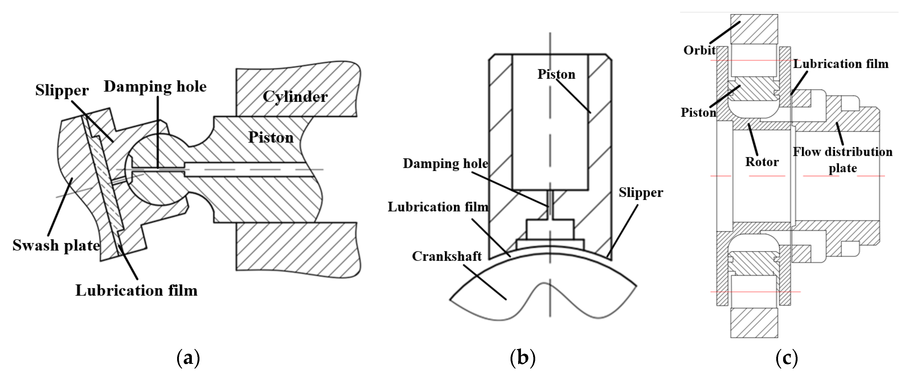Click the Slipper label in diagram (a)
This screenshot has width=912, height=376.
(x=62, y=91)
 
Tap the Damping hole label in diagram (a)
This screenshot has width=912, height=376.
(x=155, y=87)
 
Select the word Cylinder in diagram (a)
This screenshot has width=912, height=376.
(x=295, y=97)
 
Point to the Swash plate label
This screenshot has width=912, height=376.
(x=56, y=245)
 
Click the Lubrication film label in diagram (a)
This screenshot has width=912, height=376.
(x=136, y=291)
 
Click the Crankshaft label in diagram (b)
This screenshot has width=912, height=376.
(x=447, y=256)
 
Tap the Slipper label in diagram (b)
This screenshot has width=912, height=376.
(x=641, y=192)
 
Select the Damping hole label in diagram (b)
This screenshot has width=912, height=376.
(x=445, y=164)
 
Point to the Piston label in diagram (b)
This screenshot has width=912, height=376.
(x=556, y=74)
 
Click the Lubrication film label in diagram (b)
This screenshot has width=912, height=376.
(x=438, y=207)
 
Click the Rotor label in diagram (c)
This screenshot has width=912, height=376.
(x=762, y=162)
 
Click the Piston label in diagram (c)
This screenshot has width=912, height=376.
(x=698, y=113)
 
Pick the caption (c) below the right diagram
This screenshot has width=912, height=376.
(x=787, y=358)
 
